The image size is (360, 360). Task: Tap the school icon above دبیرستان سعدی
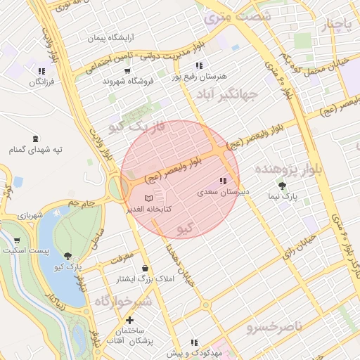pyautogui.click(x=224, y=181)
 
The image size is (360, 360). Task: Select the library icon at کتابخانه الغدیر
pyautogui.click(x=148, y=199)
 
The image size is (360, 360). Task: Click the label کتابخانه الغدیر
pyautogui.click(x=146, y=210)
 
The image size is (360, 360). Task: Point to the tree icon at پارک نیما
pyautogui.click(x=282, y=186)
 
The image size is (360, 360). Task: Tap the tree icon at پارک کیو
pyautogui.click(x=67, y=257)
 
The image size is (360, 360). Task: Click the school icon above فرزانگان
pyautogui.click(x=41, y=71)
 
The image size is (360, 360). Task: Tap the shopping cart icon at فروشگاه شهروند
pyautogui.click(x=127, y=70)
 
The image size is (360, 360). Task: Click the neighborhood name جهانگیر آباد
pyautogui.click(x=226, y=93)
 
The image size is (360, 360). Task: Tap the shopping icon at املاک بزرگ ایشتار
pyautogui.click(x=145, y=268)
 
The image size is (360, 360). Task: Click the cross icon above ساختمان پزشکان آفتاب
pyautogui.click(x=129, y=320)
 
